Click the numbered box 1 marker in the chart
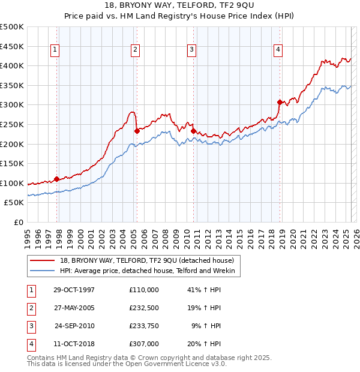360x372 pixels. click(55, 50)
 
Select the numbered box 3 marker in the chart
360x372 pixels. click(191, 50)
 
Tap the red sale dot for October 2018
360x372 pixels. click(280, 102)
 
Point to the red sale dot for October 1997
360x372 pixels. click(57, 179)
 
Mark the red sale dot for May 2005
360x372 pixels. click(137, 131)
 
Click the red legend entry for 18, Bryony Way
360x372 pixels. click(150, 260)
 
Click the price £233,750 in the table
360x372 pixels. click(144, 326)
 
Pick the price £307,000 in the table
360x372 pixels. click(144, 344)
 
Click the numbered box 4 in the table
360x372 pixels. click(31, 344)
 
